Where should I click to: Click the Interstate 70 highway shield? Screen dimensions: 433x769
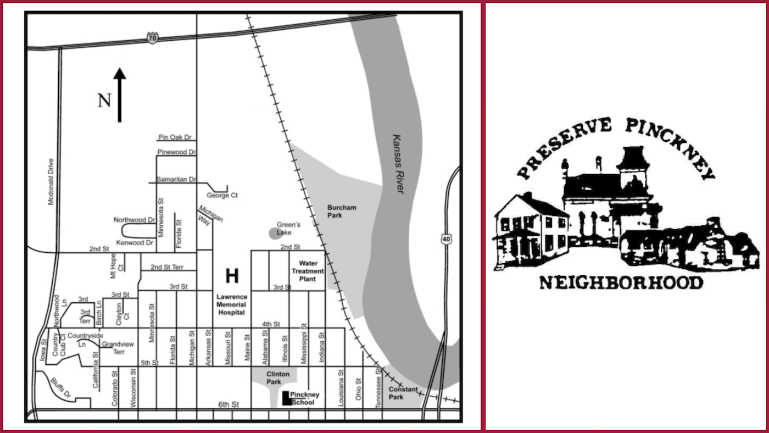click(x=152, y=38)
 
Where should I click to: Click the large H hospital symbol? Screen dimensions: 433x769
click(x=232, y=276)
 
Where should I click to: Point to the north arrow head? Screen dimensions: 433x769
click(x=119, y=74)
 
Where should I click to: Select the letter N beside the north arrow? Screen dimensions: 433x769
click(x=104, y=101)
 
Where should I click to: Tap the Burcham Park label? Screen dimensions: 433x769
click(x=342, y=212)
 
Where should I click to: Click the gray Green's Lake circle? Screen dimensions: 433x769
click(x=275, y=233)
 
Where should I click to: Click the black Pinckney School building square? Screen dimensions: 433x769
click(x=286, y=398)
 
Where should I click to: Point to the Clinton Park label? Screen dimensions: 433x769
click(x=278, y=378)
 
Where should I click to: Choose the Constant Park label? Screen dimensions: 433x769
click(x=403, y=393)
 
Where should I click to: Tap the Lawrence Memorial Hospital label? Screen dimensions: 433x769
click(x=232, y=304)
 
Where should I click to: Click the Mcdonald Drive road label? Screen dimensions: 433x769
click(x=51, y=181)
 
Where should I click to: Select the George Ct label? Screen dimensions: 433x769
click(x=222, y=195)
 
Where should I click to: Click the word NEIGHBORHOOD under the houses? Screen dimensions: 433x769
click(x=621, y=283)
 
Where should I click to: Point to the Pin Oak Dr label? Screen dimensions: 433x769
click(x=174, y=137)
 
